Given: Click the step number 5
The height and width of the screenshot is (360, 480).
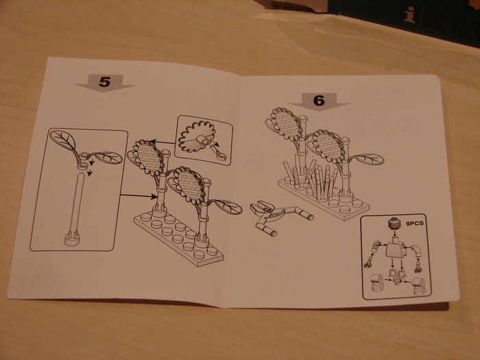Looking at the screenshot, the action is click(104, 82).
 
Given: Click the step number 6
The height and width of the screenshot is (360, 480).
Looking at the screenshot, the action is click(319, 100).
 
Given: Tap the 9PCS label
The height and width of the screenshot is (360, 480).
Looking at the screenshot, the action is click(414, 223).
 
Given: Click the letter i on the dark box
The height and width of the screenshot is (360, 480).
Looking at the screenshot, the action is click(410, 14).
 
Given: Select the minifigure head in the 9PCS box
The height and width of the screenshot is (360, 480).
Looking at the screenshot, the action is click(394, 224).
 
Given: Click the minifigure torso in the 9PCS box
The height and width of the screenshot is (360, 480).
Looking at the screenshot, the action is click(396, 249).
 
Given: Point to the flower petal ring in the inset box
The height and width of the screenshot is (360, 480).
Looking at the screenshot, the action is click(196, 137).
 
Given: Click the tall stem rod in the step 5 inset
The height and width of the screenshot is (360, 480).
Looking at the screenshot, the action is click(77, 204).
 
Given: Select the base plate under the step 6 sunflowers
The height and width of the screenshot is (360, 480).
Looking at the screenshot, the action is click(324, 199).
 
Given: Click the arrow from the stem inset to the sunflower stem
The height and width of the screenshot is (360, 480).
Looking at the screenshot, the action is click(139, 195).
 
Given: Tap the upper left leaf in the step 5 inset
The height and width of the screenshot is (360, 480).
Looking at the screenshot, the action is click(63, 141).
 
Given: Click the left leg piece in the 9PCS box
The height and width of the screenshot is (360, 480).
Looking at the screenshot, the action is click(376, 283).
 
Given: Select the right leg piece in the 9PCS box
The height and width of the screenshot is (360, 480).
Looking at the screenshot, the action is click(418, 286).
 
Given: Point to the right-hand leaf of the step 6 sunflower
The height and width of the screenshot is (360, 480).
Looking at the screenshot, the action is click(370, 159).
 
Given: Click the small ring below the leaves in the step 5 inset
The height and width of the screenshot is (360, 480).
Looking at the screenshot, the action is click(82, 166).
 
